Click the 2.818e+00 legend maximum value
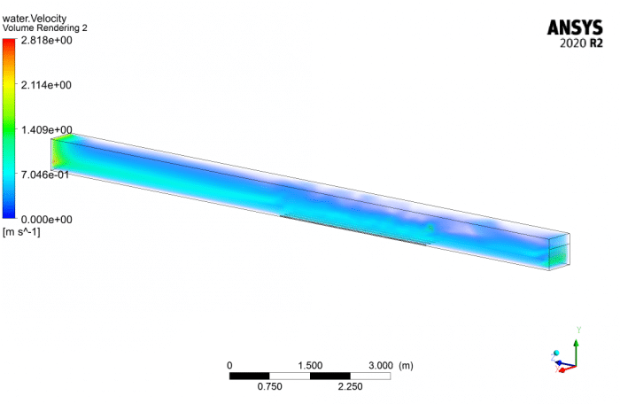47,41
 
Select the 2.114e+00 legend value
46,85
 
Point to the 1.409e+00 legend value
47,129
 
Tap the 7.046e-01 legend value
45,175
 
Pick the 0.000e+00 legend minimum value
47,220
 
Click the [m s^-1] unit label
21,232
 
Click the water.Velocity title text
35,19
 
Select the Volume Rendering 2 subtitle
44,27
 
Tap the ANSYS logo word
575,27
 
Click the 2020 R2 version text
581,43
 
